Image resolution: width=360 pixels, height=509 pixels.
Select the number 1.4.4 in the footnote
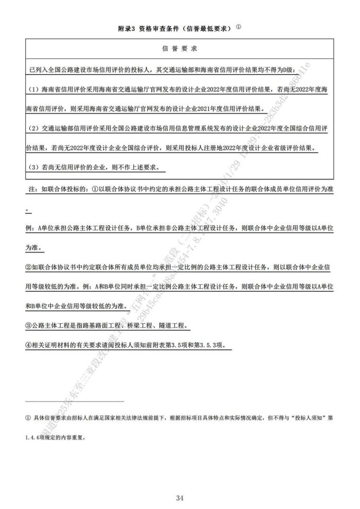pyautogui.click(x=34, y=439)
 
